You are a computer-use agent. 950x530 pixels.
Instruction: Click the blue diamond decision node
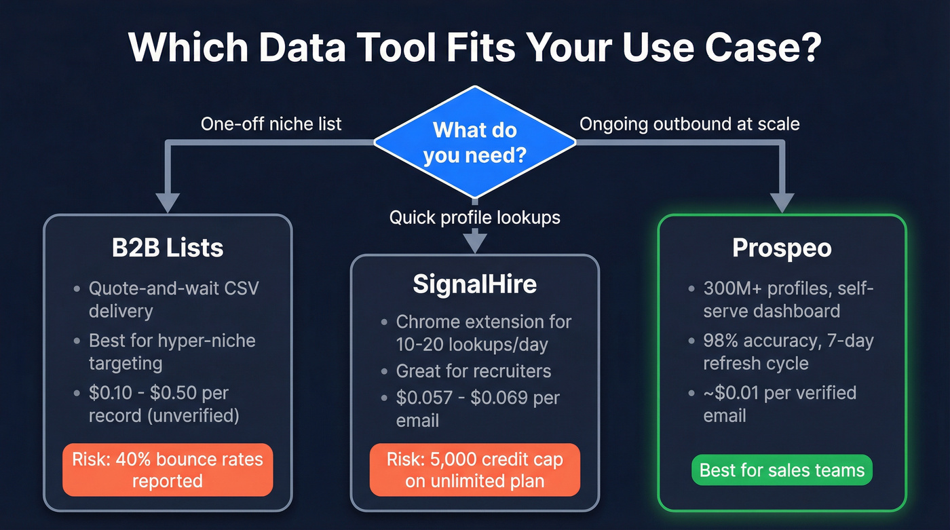tap(474, 143)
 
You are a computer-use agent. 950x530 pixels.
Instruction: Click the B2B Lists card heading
tap(168, 248)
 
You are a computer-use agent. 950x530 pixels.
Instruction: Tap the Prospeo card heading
tap(782, 248)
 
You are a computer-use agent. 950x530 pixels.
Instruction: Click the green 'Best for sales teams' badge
tap(782, 470)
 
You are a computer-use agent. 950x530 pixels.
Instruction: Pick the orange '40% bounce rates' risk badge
tap(168, 470)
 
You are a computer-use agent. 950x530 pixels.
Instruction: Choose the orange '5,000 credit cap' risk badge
tap(474, 470)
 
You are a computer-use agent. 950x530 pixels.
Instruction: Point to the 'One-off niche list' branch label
tap(271, 124)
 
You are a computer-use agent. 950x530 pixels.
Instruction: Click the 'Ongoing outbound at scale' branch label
tap(689, 124)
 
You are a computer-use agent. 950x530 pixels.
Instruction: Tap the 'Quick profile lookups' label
tap(474, 217)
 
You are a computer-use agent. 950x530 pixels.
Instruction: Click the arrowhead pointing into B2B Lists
tap(168, 202)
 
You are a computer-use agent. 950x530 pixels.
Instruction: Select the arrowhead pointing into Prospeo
tap(782, 202)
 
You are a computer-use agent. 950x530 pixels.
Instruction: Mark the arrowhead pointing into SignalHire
tap(474, 242)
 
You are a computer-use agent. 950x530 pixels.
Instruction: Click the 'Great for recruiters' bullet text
tap(474, 371)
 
